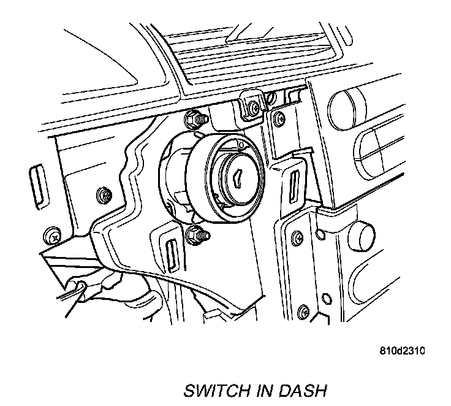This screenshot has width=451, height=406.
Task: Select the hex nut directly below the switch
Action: (197, 233)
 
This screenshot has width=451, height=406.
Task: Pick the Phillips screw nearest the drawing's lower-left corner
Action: (54, 236)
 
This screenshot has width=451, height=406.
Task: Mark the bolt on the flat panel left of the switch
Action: (103, 196)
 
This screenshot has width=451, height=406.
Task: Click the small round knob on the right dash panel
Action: (363, 234)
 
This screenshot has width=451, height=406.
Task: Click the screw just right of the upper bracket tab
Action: (279, 117)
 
